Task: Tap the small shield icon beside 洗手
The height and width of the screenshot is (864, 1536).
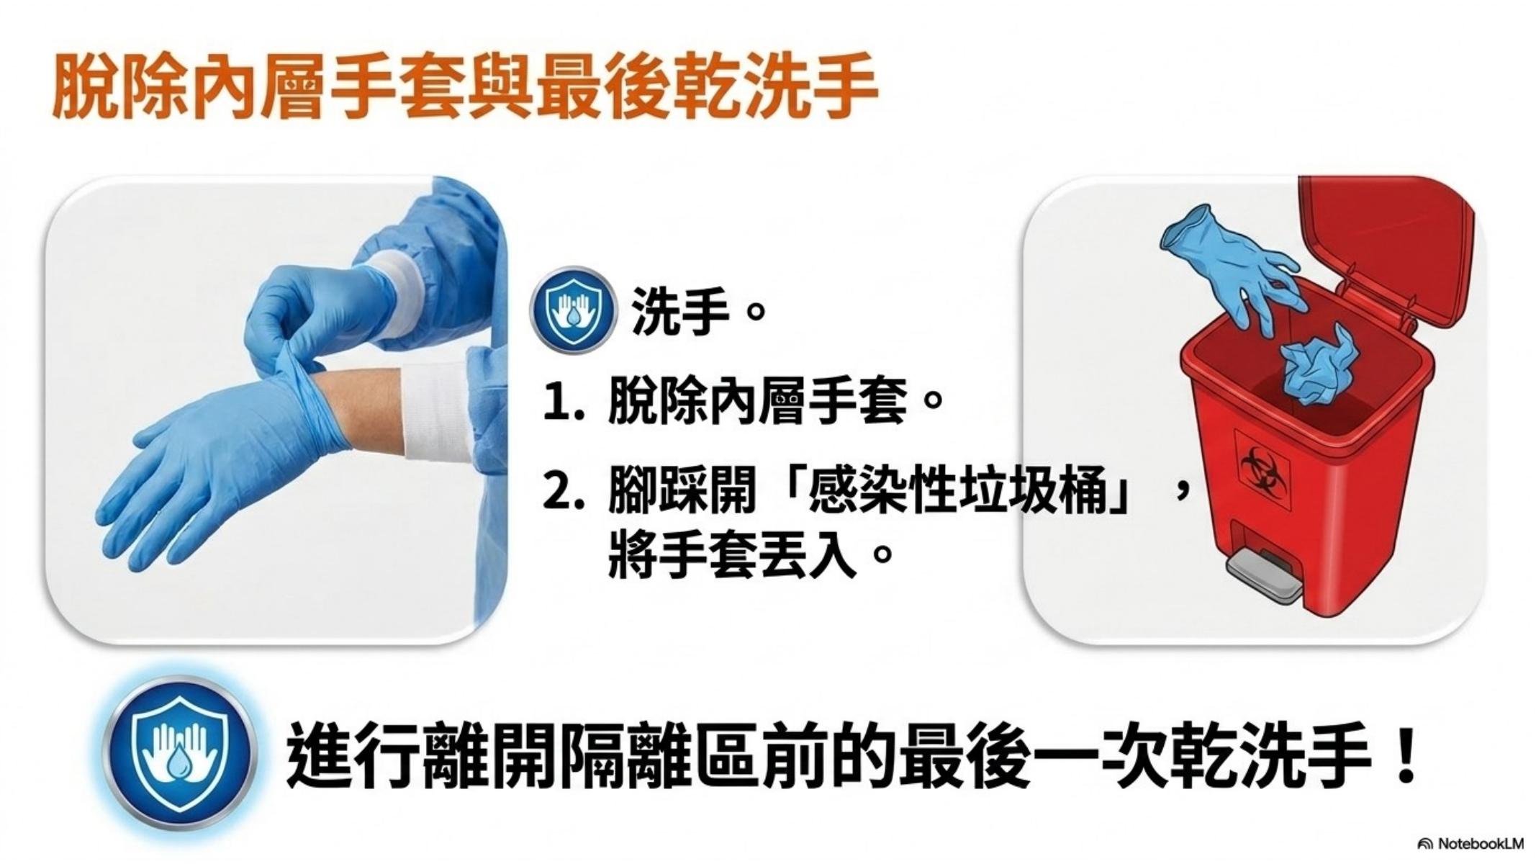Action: point(573,310)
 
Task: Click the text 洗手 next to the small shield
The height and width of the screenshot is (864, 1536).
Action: point(680,312)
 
